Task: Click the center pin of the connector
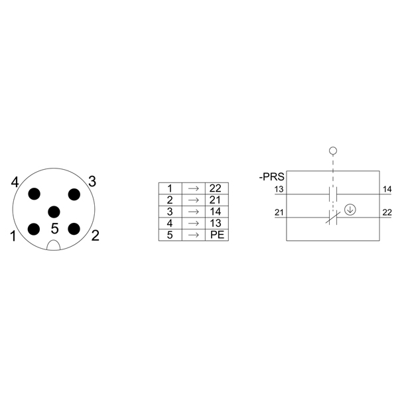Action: point(54,212)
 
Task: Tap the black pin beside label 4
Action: point(34,194)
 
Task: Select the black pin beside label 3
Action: point(74,194)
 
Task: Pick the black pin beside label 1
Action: point(34,230)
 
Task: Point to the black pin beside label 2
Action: point(74,229)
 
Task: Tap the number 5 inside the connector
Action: point(54,228)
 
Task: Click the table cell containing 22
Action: point(217,188)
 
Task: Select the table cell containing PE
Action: point(217,235)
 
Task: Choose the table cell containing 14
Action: point(217,212)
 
